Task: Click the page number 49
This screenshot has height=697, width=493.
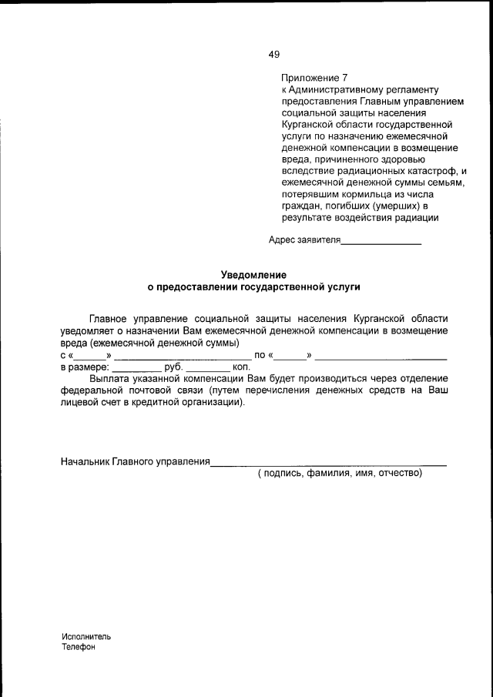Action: pos(274,54)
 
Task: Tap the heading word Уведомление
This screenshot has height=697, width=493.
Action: pos(253,274)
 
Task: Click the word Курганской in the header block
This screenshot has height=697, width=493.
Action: pos(307,124)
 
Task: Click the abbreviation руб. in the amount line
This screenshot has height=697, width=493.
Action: pos(174,367)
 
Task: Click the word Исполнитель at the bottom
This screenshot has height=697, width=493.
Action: pos(87,637)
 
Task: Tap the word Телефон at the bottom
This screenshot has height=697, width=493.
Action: pos(79,648)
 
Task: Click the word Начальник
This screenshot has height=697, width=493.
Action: pos(86,461)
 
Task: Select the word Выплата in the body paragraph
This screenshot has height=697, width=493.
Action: pos(110,379)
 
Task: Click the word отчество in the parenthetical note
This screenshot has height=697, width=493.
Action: pos(397,473)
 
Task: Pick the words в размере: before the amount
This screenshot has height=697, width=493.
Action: pos(85,367)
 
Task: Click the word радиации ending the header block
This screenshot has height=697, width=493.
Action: pos(417,216)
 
